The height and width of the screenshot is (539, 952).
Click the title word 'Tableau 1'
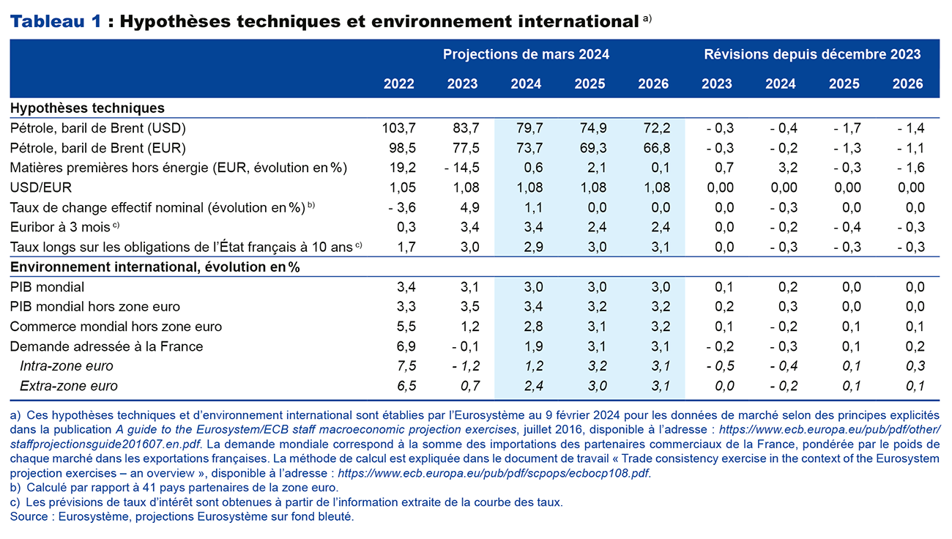56,22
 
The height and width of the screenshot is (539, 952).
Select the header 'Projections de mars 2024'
525,54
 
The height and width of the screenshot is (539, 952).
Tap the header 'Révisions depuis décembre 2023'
812,54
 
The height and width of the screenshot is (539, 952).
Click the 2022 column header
398,84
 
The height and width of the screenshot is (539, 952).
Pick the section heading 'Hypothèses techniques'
87,108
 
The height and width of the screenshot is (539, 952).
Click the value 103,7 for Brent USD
398,128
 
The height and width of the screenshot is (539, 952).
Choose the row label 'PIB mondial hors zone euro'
95,307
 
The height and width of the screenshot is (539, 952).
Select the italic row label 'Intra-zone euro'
67,366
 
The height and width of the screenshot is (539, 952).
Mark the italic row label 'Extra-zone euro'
68,386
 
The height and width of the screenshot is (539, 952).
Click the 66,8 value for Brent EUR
656,148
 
